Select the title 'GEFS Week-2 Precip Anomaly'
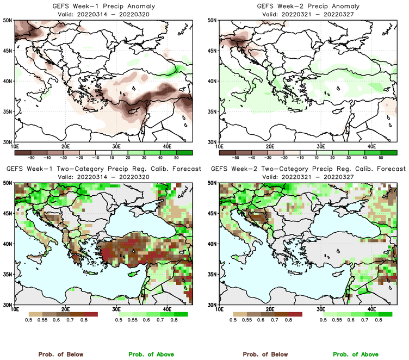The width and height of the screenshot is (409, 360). [308, 5]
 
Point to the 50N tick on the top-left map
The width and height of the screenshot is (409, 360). [9, 20]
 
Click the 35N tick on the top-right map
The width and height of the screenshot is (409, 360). [214, 111]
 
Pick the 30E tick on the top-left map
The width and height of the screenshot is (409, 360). [116, 147]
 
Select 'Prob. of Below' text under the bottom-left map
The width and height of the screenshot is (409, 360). [60, 355]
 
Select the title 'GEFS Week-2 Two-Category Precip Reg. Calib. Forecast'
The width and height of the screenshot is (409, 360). [308, 169]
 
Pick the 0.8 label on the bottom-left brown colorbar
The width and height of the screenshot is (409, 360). [85, 321]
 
